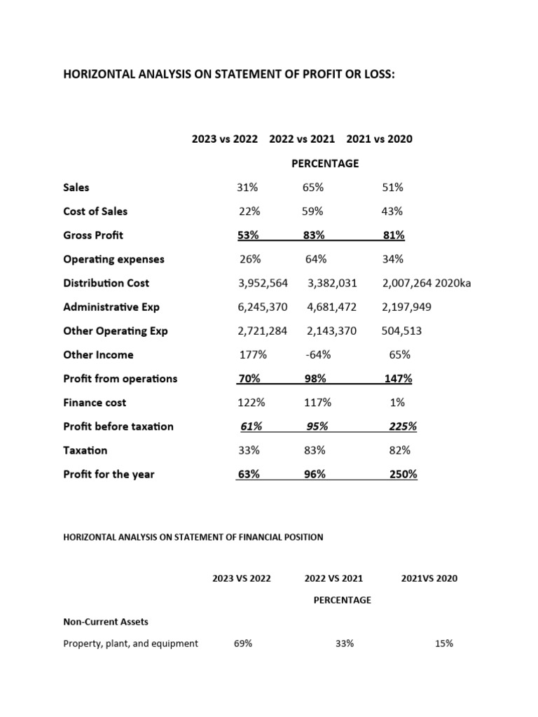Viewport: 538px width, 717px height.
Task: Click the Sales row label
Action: click(76, 188)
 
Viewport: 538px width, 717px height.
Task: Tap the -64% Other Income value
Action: click(318, 355)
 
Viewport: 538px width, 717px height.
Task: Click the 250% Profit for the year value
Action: click(403, 474)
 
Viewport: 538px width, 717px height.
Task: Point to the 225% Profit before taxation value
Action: click(403, 426)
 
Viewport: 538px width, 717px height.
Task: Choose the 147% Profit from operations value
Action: click(399, 379)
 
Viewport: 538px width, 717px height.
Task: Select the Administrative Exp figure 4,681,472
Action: click(331, 307)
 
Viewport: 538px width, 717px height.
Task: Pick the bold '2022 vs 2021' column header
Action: click(302, 139)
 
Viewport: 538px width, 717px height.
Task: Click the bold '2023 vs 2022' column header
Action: click(225, 139)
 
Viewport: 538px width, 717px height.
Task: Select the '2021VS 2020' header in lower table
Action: click(428, 578)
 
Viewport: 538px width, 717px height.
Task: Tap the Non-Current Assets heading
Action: click(106, 621)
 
